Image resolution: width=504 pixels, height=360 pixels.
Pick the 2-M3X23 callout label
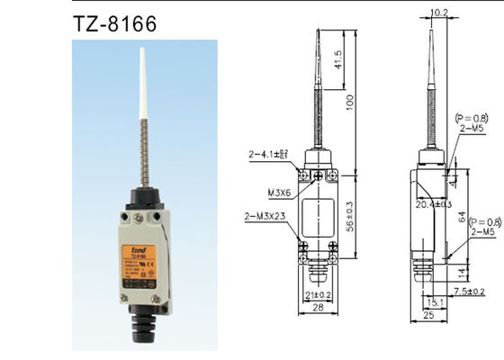266,216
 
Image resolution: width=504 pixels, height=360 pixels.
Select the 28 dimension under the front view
317,309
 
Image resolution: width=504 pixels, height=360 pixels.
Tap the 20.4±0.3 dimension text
436,206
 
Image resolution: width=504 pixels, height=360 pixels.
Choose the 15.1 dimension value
434,301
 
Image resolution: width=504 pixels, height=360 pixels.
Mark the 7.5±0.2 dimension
467,291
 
